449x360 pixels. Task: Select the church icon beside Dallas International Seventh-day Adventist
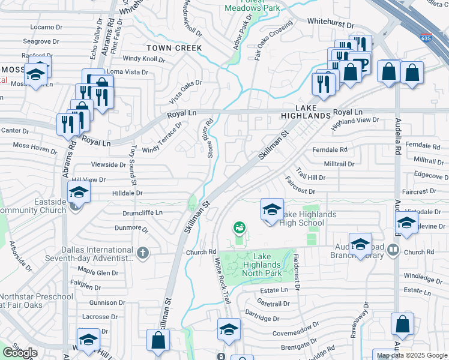click(142, 252)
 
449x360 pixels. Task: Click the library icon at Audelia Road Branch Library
click(394, 248)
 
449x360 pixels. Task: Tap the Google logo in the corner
click(20, 353)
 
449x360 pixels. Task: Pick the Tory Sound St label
click(134, 165)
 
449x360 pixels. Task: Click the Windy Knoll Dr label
click(143, 59)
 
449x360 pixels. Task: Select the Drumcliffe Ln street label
click(143, 212)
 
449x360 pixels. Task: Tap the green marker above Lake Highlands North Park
click(240, 227)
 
